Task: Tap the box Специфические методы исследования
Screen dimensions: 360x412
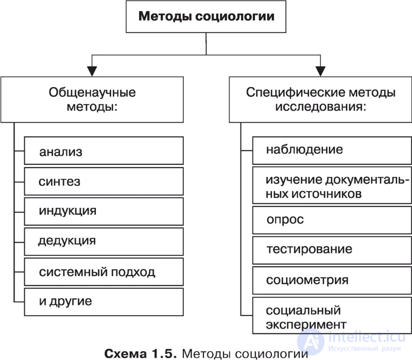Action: [320, 100]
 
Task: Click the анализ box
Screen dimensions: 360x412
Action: [104, 151]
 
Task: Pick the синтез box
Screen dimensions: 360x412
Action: [104, 181]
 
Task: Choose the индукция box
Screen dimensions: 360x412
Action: [104, 211]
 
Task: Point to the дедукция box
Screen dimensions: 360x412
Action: [104, 242]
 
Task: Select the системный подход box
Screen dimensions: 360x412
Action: [104, 271]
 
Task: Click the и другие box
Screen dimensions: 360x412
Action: [104, 301]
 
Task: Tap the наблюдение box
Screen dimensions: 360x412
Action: [332, 150]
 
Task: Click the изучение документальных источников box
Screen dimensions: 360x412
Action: [332, 186]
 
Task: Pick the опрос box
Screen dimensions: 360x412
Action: [332, 220]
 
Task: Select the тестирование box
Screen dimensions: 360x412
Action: [332, 250]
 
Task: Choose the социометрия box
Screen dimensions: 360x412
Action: [332, 280]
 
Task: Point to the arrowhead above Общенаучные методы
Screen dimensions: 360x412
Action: [92, 71]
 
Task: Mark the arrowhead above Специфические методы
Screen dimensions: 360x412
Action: [320, 71]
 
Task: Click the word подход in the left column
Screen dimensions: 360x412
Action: [133, 271]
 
